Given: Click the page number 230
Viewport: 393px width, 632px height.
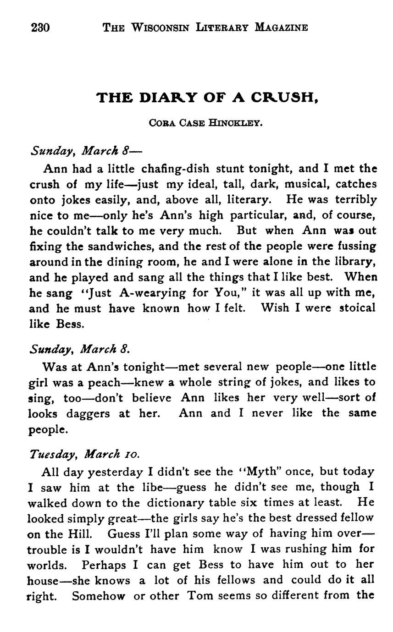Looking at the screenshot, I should (x=40, y=27).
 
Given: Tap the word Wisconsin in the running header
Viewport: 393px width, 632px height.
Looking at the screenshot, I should (x=157, y=27).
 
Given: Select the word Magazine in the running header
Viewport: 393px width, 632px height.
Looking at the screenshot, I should (x=281, y=27).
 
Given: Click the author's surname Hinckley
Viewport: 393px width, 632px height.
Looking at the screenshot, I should (x=236, y=123).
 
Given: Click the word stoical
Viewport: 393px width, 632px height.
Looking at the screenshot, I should (x=357, y=308).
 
